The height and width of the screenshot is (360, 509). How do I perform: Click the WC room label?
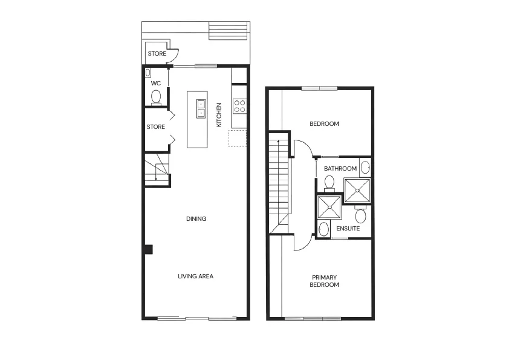point(155,83)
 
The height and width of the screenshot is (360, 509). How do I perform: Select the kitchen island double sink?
point(201,108)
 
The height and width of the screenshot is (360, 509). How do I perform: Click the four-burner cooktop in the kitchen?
point(239,106)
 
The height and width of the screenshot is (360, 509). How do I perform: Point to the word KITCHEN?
point(219,114)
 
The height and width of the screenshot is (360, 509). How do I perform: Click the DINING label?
point(196,219)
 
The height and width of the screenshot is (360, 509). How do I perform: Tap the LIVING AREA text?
point(195,277)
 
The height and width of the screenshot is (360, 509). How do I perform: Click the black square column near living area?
point(148,249)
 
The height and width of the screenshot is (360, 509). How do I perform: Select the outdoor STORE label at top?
point(157,54)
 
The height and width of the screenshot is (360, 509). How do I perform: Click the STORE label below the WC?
point(155,127)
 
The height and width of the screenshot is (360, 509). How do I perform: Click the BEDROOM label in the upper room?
point(324,124)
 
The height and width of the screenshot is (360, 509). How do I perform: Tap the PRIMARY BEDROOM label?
point(324,281)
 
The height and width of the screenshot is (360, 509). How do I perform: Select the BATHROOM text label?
point(340,169)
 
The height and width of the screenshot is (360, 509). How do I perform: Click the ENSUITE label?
point(348,229)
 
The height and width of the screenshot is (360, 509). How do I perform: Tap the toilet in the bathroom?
point(329,182)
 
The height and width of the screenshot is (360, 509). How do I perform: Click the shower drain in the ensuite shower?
point(329,208)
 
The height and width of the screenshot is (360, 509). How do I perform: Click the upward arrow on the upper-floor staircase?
point(278,142)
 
